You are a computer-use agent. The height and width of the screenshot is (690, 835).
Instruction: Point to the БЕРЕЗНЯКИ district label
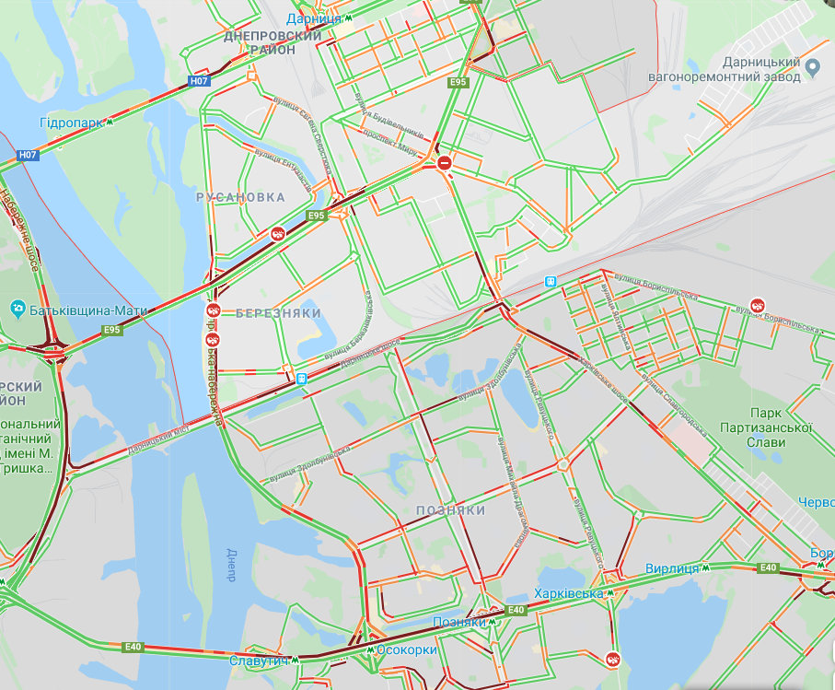(278, 313)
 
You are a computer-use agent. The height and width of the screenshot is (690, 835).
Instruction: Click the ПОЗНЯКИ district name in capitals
(450, 509)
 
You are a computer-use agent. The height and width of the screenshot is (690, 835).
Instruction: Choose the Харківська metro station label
(569, 593)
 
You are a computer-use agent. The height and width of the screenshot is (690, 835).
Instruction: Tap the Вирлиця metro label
(672, 568)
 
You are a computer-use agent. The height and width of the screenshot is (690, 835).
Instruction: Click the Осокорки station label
(406, 649)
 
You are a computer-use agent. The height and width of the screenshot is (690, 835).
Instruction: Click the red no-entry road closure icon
(445, 163)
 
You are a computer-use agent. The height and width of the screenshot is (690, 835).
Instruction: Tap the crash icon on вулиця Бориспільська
(757, 305)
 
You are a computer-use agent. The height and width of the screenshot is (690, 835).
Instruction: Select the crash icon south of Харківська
(613, 659)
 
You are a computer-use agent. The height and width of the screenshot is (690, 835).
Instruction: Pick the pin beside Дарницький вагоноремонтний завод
(813, 66)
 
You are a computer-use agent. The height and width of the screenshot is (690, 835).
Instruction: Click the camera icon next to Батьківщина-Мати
(17, 308)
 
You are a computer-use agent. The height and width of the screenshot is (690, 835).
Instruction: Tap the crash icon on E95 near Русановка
(276, 234)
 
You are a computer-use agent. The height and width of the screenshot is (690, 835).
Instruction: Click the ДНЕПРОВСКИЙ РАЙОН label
(273, 42)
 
